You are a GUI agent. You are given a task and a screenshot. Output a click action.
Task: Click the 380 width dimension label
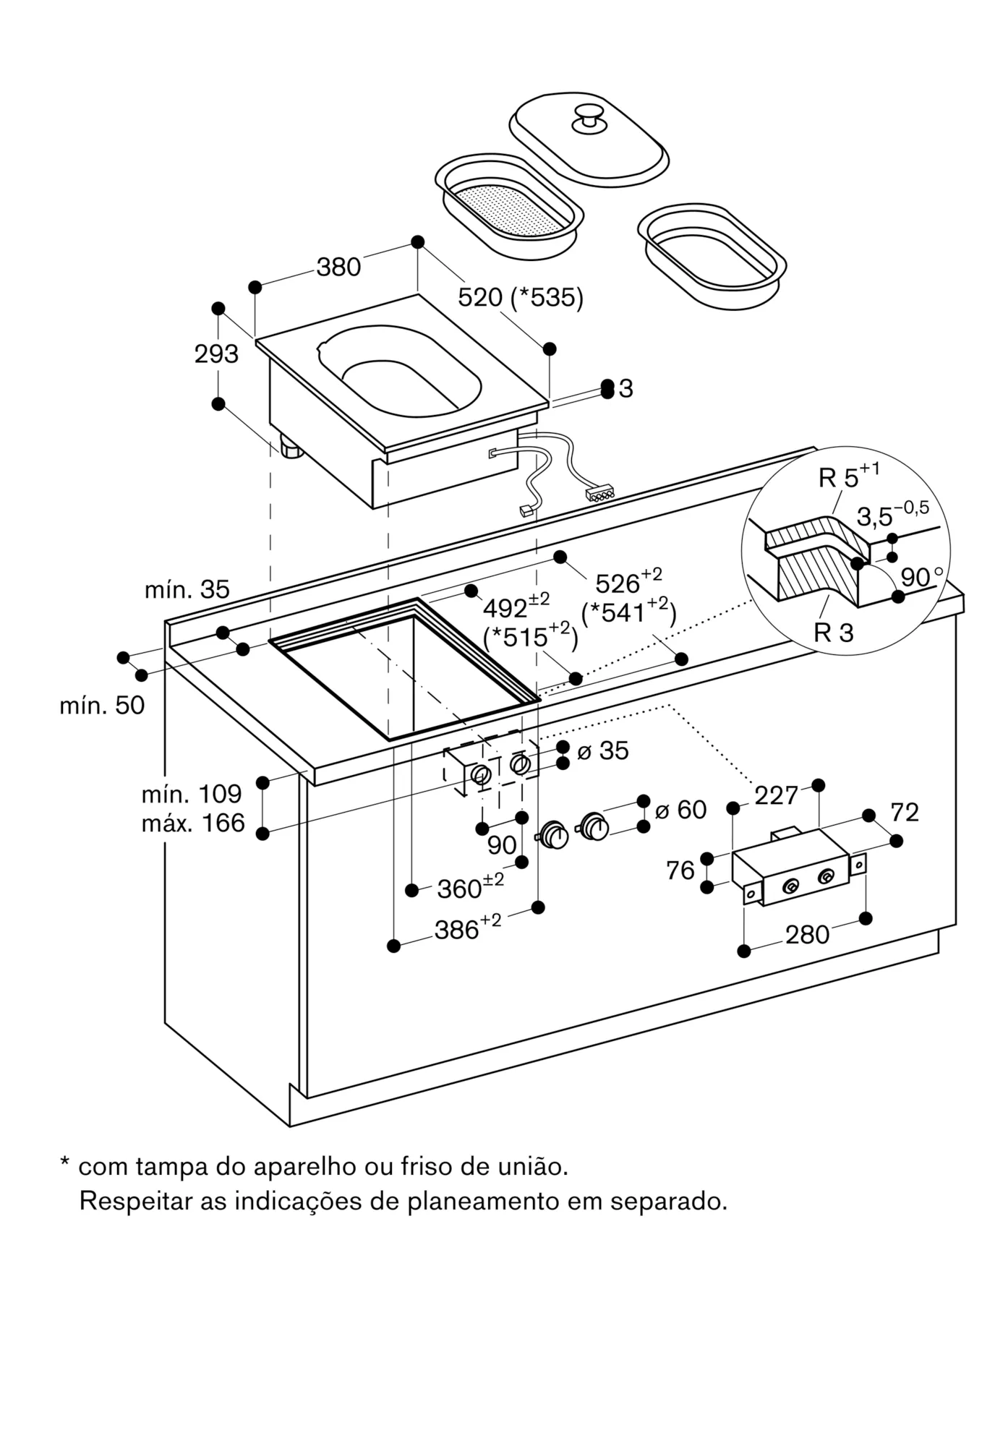[338, 268]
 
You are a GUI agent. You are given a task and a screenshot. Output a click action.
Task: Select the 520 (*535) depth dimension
[521, 297]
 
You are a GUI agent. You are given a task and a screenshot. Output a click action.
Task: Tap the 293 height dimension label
[215, 354]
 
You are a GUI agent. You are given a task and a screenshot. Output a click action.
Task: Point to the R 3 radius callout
[833, 633]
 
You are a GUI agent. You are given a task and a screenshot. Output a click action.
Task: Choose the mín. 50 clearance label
[102, 705]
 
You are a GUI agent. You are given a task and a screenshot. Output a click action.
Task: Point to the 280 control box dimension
[807, 935]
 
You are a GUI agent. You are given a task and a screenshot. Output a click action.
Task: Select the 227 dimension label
[776, 795]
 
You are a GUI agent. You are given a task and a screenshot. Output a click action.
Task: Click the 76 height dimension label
[680, 870]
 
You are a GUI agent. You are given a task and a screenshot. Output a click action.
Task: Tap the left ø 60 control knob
[555, 834]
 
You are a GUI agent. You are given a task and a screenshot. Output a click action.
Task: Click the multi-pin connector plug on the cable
[600, 495]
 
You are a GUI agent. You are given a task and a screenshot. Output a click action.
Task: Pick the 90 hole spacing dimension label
[502, 844]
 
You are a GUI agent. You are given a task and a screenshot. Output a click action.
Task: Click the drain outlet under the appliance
[291, 448]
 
